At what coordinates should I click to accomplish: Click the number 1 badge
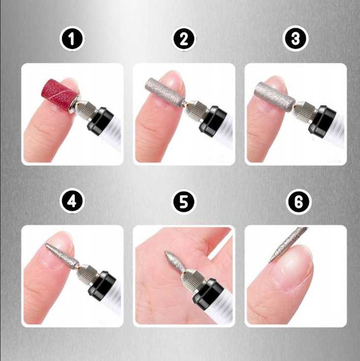coord(72,39)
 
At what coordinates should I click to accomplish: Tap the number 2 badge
coord(184,39)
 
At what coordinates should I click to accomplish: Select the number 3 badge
coord(296,39)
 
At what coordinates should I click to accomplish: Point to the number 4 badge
coord(72,202)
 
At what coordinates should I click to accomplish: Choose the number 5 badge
coord(184,202)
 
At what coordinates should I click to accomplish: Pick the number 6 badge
coord(299,202)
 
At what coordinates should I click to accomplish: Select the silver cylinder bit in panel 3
coord(274,96)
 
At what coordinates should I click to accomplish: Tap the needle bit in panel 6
coord(288,245)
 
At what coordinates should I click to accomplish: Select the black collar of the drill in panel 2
coord(213,120)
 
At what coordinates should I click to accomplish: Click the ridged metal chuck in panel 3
coord(307,111)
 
